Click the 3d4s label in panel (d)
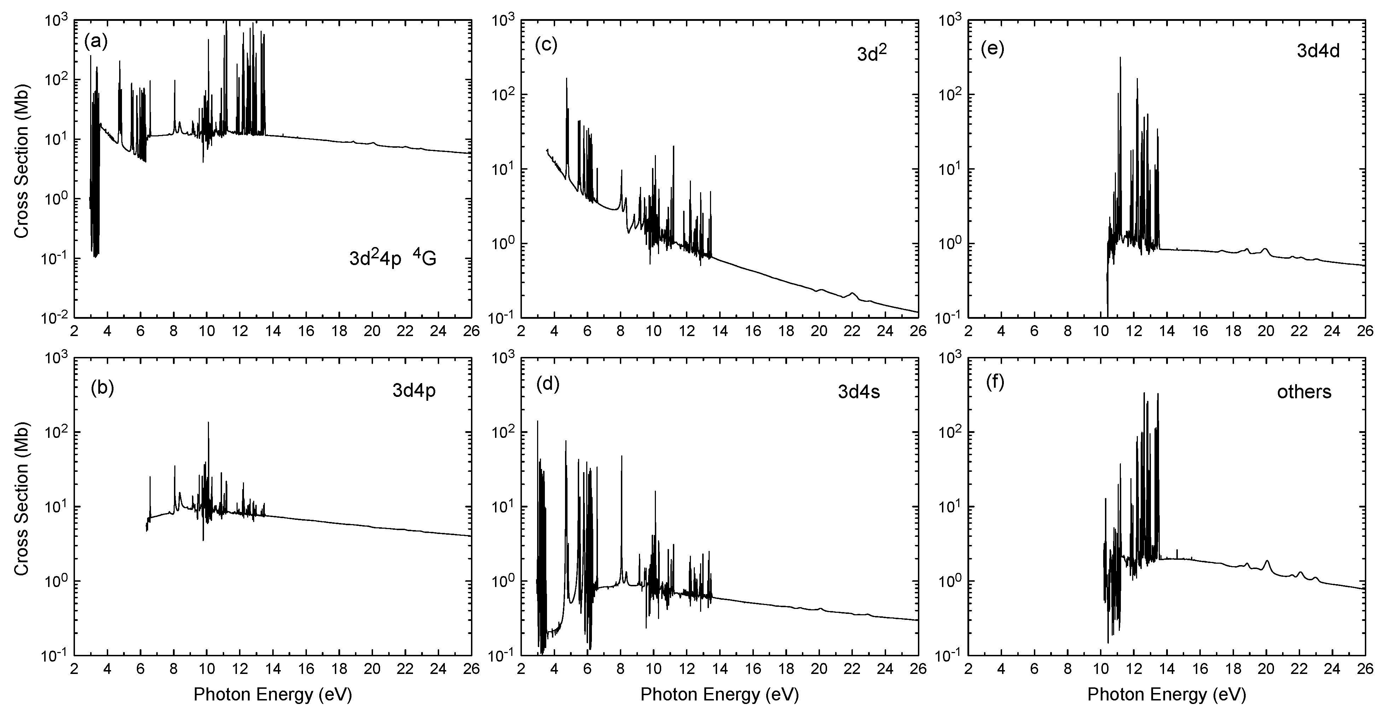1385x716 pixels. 859,392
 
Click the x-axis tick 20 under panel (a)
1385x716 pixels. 372,330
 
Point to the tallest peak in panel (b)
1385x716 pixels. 208,423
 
